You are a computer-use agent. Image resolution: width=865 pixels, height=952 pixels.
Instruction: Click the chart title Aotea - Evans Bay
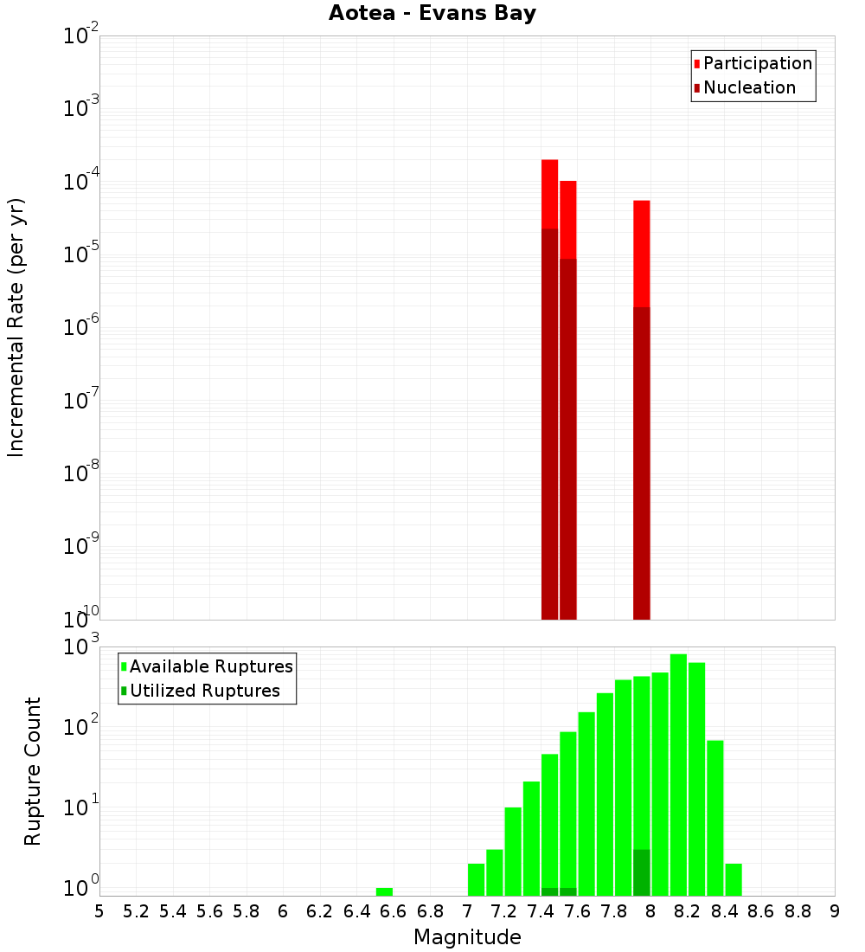tap(432, 14)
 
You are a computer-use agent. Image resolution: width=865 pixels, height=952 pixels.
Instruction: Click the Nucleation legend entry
tap(748, 88)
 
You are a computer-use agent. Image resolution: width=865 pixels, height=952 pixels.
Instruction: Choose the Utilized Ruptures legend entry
tap(204, 691)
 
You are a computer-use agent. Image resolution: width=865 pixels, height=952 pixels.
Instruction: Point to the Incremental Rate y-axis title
tap(16, 327)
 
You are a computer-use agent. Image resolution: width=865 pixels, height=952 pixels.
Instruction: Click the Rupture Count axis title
tap(33, 770)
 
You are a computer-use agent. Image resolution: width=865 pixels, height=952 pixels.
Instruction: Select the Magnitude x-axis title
tap(467, 937)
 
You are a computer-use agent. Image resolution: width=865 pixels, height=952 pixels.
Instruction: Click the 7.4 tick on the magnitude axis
tap(541, 911)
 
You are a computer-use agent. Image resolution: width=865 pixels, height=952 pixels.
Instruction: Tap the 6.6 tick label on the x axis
tap(394, 911)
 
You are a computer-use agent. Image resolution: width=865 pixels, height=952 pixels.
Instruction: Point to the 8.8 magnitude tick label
tap(798, 911)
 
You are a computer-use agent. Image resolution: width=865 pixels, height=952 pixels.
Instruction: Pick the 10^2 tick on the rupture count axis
tap(83, 727)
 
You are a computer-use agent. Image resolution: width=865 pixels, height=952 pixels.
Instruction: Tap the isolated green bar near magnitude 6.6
tap(384, 891)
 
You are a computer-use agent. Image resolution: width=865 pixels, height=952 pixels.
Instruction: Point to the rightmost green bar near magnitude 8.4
tap(733, 879)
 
